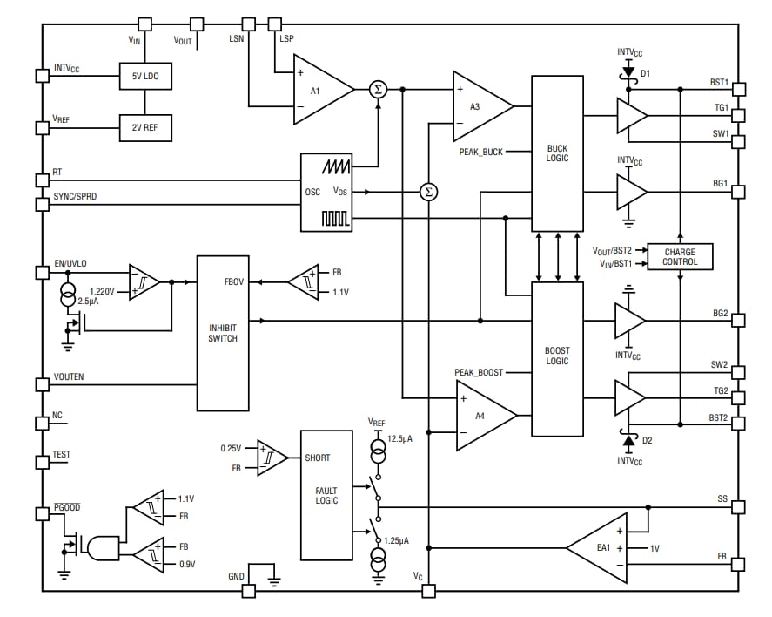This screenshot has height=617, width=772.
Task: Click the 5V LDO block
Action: tap(145, 76)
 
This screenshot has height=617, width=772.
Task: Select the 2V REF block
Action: tap(145, 127)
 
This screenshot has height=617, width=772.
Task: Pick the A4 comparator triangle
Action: tap(483, 416)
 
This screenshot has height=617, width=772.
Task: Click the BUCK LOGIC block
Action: tap(557, 153)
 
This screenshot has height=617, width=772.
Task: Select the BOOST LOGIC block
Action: tap(557, 358)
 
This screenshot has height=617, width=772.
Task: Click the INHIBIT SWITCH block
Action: tap(223, 333)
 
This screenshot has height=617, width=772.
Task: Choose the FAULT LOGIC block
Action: tap(326, 495)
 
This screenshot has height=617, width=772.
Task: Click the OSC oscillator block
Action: tap(326, 193)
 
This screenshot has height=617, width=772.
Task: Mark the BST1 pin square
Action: tap(738, 89)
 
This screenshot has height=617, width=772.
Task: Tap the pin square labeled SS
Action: tap(738, 506)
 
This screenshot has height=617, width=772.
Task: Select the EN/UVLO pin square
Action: tap(41, 272)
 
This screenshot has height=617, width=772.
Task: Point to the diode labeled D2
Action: tap(625, 434)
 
